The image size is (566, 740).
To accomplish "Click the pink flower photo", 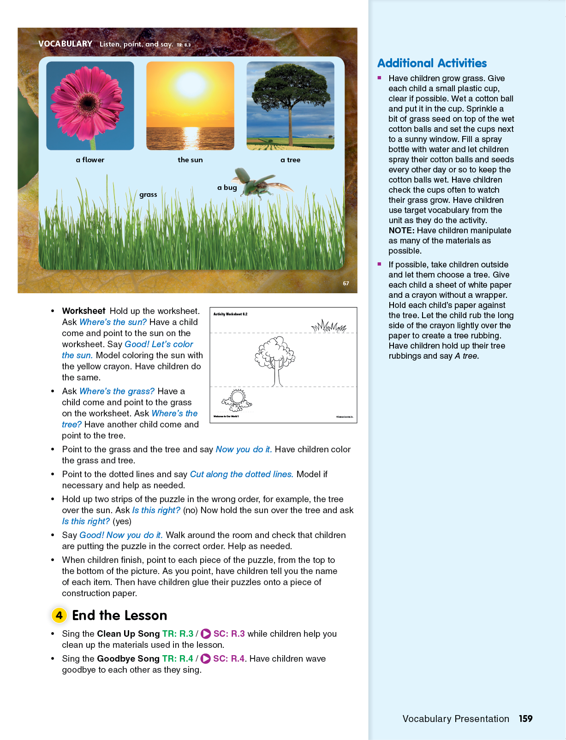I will [90, 106].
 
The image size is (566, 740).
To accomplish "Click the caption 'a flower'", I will [90, 160].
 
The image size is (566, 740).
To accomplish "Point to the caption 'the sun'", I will [190, 160].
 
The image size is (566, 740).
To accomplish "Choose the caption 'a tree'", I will [290, 160].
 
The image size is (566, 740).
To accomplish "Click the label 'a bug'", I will [227, 188].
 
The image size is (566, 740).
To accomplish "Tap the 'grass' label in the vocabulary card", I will [148, 195].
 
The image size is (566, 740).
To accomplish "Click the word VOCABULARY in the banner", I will [66, 44].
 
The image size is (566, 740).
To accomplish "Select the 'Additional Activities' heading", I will [432, 63].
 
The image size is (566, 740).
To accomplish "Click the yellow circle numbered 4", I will [59, 615].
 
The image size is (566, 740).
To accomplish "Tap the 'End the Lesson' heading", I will [119, 616].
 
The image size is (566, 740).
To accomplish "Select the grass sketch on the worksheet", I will [329, 326].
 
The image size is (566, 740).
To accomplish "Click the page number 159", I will [525, 719].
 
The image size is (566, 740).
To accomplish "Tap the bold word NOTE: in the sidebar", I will [401, 231].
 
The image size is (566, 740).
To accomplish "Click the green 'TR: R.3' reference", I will [178, 634].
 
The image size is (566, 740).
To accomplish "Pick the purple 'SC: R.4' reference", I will [229, 659].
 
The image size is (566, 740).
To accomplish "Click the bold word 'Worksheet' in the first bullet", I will [83, 311].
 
